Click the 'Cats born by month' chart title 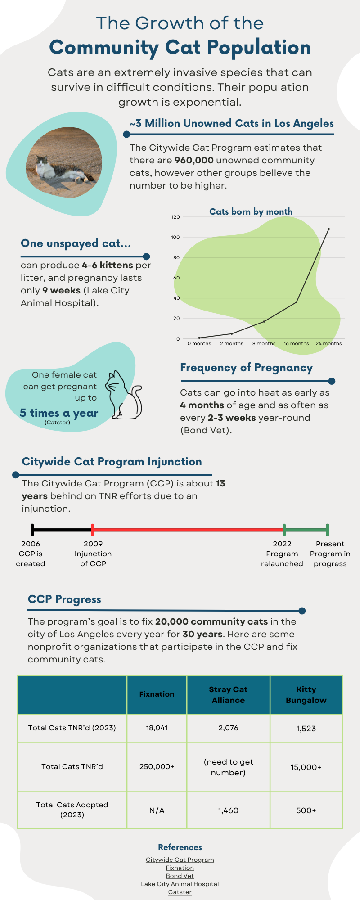point(251,211)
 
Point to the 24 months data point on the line point(328,229)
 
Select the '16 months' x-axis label point(296,343)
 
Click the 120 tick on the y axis point(175,217)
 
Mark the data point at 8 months point(264,321)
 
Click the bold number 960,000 point(194,160)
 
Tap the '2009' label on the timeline point(93,544)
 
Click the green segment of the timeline point(306,530)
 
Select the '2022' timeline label point(282,544)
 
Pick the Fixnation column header point(157,694)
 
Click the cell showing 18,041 point(157,728)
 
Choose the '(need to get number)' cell point(228,767)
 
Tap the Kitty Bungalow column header point(306,695)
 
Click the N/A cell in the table point(157,810)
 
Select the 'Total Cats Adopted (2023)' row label point(72,810)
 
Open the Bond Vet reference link point(180,876)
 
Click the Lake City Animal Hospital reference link point(180,884)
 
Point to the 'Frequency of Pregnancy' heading point(246,368)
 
